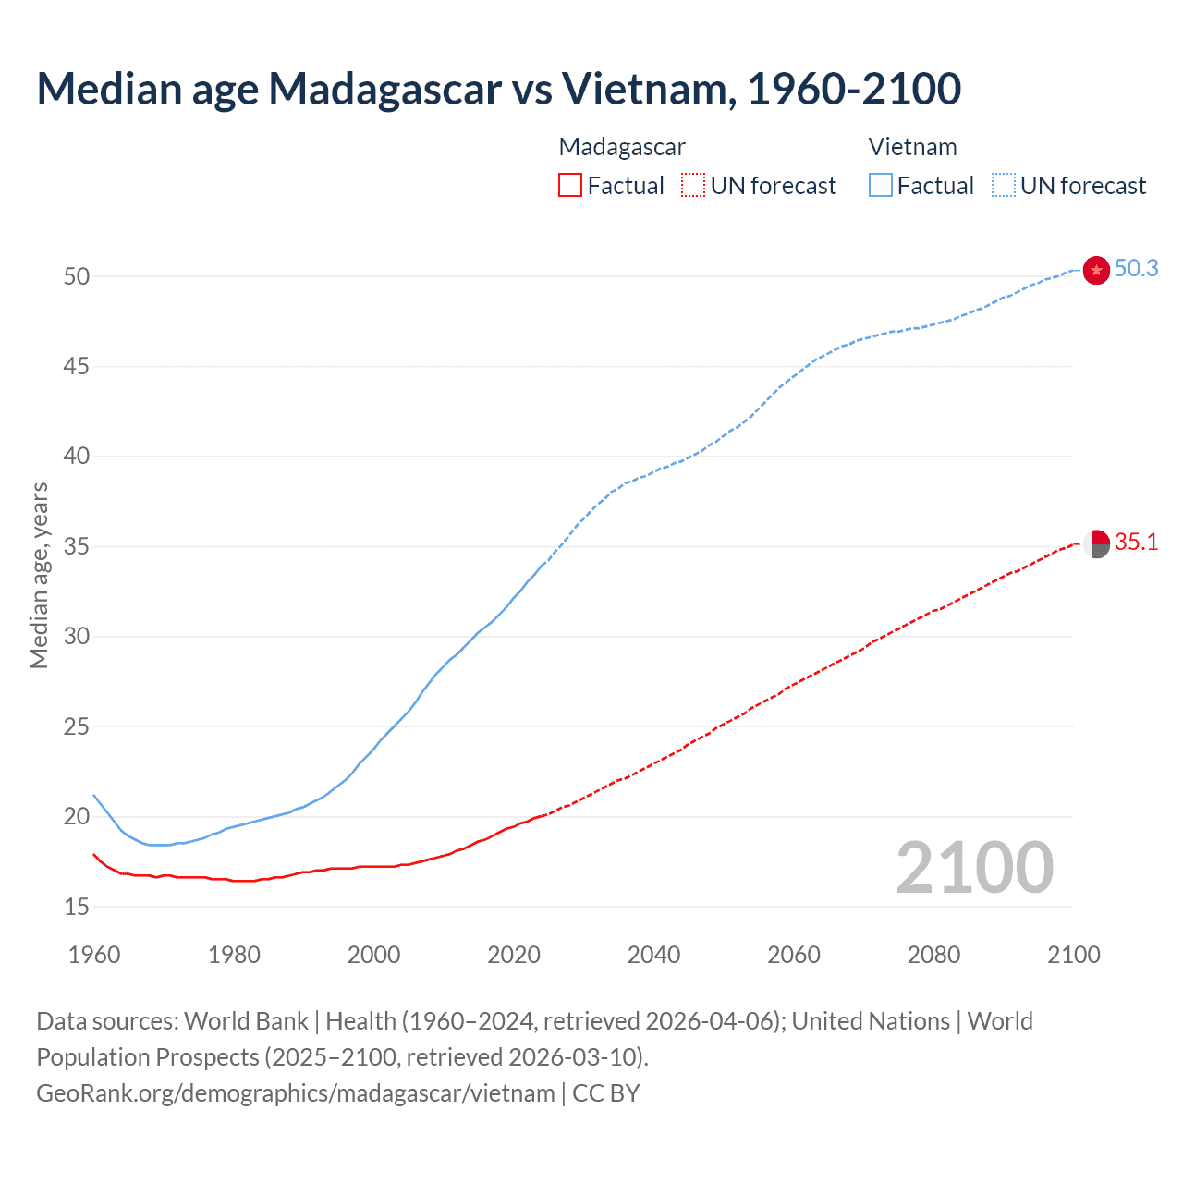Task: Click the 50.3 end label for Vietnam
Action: [x=1136, y=268]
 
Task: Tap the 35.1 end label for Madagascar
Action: [x=1136, y=542]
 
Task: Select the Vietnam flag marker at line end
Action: [x=1096, y=270]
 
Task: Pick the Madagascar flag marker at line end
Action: [x=1096, y=544]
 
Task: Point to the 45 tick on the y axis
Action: [x=77, y=367]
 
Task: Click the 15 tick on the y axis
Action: [x=77, y=907]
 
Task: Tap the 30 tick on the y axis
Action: [x=77, y=637]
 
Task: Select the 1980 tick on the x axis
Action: [x=234, y=955]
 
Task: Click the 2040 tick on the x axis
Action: [x=653, y=955]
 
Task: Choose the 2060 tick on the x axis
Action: [x=794, y=955]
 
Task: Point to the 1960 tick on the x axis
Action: [x=94, y=955]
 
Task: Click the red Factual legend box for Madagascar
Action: [x=570, y=186]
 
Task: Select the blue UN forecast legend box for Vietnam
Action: [x=1004, y=186]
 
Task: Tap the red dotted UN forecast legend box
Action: [x=693, y=186]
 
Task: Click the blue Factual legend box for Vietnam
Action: [x=880, y=186]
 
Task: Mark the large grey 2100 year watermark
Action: [x=974, y=868]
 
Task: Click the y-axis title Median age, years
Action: [x=39, y=575]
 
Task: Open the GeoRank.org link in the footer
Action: [x=296, y=1093]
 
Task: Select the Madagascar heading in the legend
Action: [x=622, y=147]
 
